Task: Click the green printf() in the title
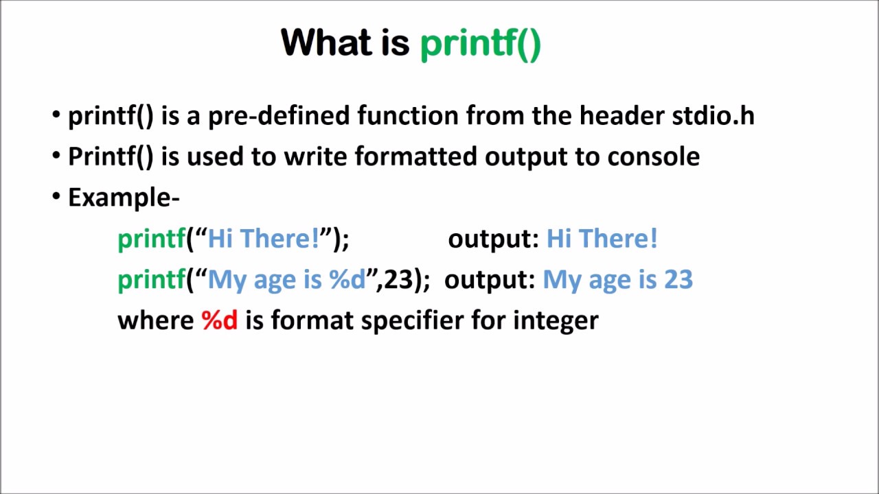[480, 44]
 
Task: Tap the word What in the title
[326, 43]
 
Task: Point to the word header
[621, 116]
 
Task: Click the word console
[653, 157]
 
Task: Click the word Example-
[124, 198]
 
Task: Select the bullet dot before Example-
[56, 197]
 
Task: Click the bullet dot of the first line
[56, 115]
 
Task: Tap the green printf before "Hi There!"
[151, 239]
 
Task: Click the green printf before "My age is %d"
[151, 281]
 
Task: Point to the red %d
[220, 320]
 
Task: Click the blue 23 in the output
[678, 280]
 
